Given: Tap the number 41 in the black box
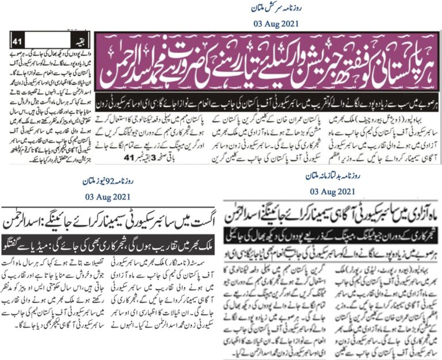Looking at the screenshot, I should [18, 42].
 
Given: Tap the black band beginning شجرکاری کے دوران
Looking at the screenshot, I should [333, 228].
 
